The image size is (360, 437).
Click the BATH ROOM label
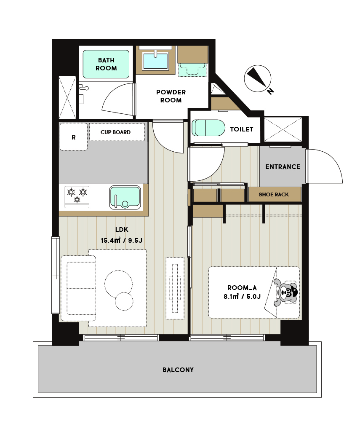coord(106,64)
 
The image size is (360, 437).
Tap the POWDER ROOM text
coord(171,96)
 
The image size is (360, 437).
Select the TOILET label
coord(242,129)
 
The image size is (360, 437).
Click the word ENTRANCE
coord(283,167)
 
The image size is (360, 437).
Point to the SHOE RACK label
coord(274,195)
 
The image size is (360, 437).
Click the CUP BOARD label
coord(115,132)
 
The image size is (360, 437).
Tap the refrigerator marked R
coord(74,137)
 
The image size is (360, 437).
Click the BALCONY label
coord(178,370)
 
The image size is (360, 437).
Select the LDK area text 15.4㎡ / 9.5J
coord(122,240)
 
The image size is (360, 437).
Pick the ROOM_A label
coord(242,288)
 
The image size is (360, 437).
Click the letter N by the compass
coord(270,91)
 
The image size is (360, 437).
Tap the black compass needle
coord(257,77)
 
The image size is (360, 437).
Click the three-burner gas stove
coord(77,197)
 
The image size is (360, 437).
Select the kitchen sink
coord(125,198)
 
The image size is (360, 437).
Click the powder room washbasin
coord(155,61)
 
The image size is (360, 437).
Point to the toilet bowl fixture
coord(208,128)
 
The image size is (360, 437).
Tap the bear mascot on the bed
coord(285,292)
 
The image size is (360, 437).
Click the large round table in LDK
coord(119,284)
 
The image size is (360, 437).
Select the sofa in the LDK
coord(78,288)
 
